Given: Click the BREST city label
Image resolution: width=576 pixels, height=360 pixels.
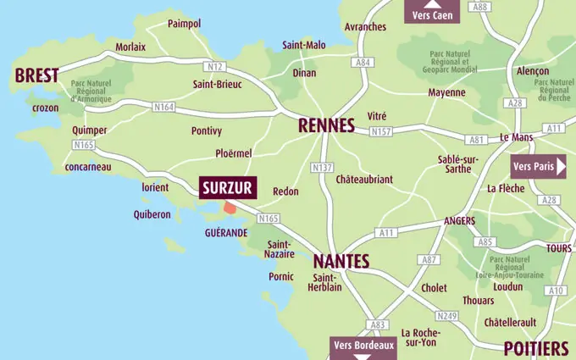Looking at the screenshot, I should pos(36,75).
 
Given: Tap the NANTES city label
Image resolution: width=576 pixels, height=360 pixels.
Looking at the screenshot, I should pos(341,260).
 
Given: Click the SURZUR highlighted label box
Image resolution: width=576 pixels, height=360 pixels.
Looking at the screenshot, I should pos(226,188).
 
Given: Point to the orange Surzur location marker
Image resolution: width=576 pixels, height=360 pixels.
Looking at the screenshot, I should pos(230,208).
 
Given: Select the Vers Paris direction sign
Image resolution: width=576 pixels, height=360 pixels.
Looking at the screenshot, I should pos(539,166).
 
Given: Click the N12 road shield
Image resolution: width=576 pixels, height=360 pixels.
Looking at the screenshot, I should pos(214,66).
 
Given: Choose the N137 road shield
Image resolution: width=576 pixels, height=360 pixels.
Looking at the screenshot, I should pos(323,168).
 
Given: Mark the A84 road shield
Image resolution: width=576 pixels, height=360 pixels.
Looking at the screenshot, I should pos(364,62).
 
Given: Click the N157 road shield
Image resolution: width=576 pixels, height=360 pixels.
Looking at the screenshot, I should pos(381,132).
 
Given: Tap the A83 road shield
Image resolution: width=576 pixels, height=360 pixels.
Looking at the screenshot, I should pos(378,324).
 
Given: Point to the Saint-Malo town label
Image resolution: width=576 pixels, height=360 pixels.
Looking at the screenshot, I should pos(304,45).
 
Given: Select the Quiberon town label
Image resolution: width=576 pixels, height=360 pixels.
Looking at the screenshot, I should pos(152,214).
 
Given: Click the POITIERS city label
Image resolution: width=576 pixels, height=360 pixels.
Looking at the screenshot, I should pos(535,348).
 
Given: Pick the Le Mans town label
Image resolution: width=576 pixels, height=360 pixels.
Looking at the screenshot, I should pos(515,137).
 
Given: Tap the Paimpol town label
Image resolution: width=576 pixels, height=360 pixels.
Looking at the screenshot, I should pos(184,23).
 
